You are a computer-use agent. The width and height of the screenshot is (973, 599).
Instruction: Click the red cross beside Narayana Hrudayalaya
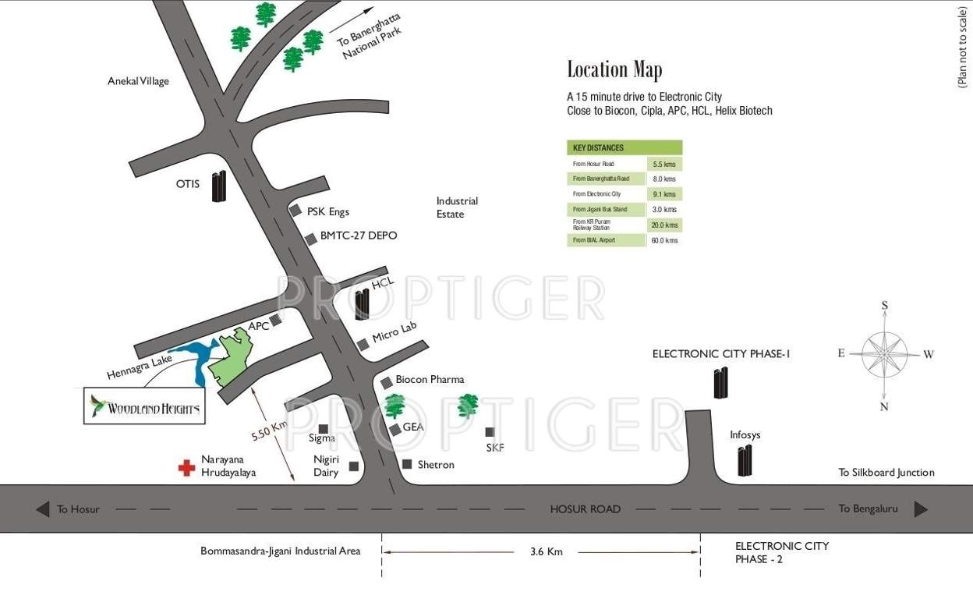coord(186,467)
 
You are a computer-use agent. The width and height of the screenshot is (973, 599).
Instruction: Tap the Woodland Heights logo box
coord(144,407)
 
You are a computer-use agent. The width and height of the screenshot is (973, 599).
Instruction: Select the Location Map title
coord(614,70)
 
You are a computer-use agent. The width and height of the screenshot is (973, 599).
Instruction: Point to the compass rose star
coord(885,354)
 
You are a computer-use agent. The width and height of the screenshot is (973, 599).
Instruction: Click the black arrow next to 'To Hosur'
coord(43,509)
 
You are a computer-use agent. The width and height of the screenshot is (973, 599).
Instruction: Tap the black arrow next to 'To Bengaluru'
coord(921,509)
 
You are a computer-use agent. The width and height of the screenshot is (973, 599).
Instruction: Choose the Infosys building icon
coord(745,460)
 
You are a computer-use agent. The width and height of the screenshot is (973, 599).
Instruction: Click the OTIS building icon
coord(219,186)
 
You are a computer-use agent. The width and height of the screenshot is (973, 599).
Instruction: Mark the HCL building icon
coord(362,304)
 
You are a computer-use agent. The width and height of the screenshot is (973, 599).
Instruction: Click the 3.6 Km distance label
coord(546,551)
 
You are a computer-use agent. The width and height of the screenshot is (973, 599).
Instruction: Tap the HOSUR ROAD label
coord(586,509)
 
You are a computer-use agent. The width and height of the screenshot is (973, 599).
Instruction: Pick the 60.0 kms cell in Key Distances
coord(664,240)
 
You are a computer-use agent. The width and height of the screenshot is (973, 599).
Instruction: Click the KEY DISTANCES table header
coord(624,147)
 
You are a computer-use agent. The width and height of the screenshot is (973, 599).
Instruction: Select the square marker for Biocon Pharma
coord(387,382)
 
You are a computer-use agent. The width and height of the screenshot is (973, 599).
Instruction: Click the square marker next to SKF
coord(490,432)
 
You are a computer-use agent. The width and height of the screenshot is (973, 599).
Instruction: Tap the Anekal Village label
coord(138,81)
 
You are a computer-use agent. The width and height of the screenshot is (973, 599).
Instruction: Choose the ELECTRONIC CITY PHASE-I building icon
coord(721,382)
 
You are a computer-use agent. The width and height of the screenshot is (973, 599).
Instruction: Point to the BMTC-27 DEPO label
coord(359,236)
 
